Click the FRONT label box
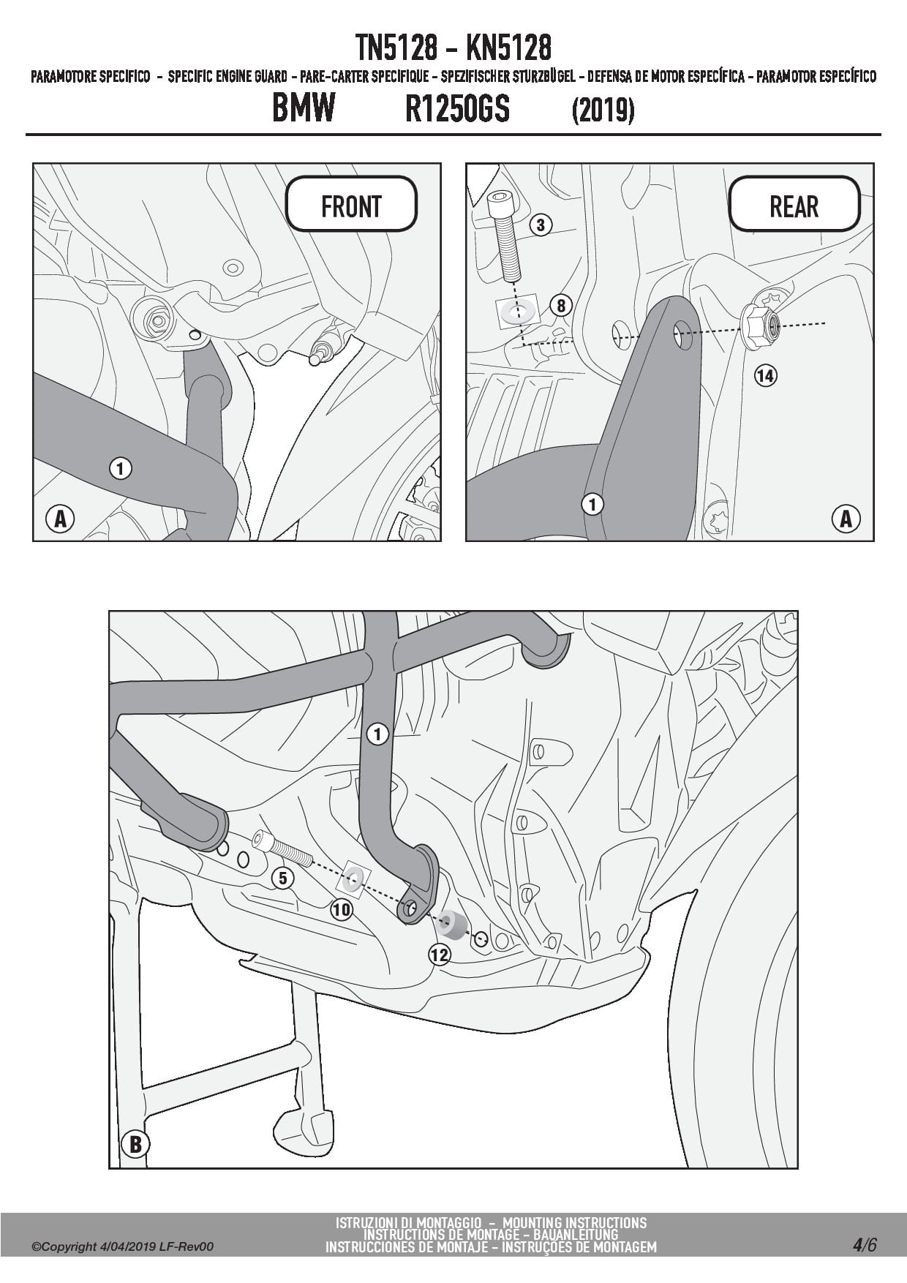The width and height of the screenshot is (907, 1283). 351,204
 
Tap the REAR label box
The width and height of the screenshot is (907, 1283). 794,204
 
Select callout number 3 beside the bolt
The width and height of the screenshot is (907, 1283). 541,225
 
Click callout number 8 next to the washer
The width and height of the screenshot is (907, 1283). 561,305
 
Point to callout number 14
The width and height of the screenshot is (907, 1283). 765,376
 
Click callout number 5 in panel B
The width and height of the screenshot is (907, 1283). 283,878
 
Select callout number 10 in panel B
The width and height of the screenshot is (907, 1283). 342,909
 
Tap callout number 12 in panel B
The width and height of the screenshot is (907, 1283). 440,955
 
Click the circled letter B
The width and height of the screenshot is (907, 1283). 135,1143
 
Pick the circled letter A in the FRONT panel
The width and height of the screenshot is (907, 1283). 61,519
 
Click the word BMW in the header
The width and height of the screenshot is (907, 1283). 304,108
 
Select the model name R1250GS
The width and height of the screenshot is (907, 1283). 457,109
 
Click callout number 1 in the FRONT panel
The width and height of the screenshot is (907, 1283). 121,468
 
